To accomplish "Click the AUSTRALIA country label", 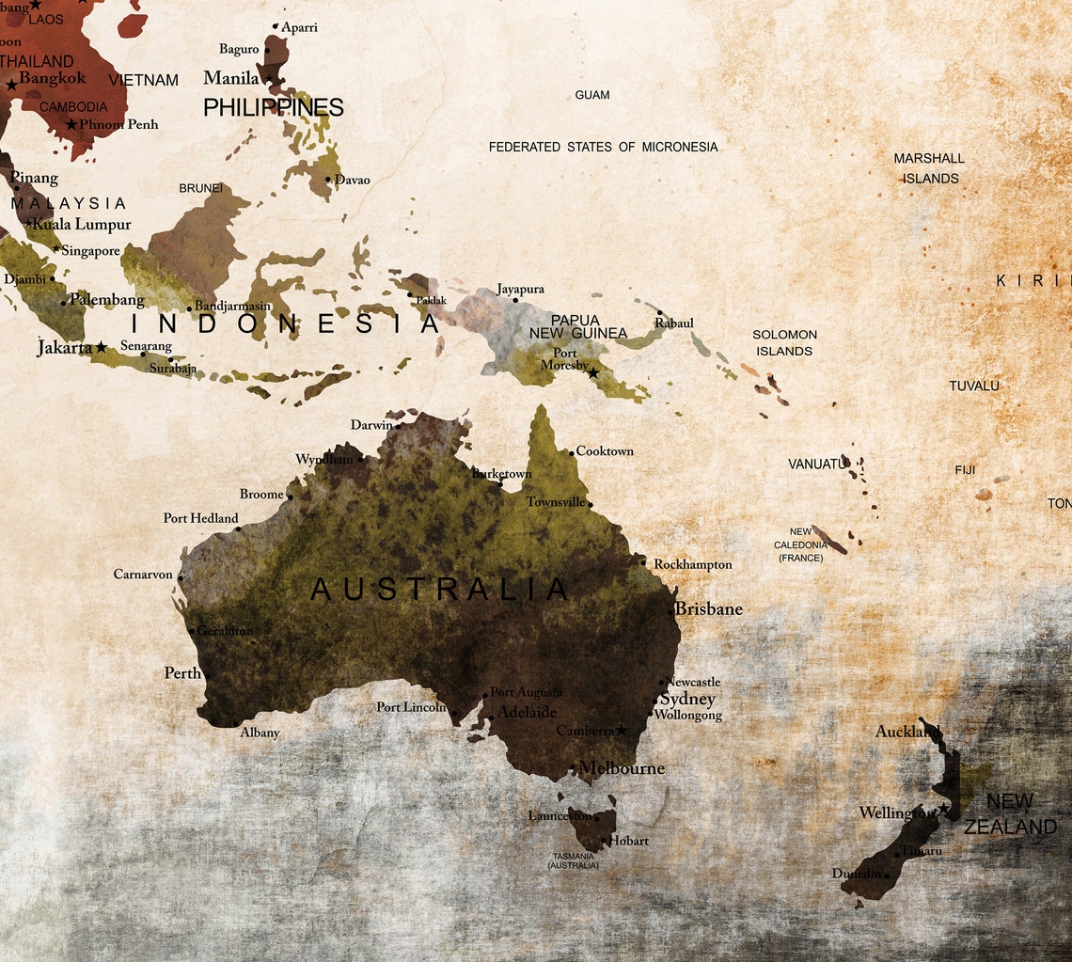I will tap(439, 590).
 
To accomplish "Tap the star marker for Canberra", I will tap(621, 731).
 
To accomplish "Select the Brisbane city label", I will tap(710, 609).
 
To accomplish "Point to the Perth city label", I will tap(182, 673).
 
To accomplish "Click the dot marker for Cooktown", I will tap(571, 453).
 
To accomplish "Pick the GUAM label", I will tap(591, 95).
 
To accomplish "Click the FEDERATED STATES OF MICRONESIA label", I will tap(603, 147).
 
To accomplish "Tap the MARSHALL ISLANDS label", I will tap(930, 168).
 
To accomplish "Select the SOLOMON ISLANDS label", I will tap(784, 342).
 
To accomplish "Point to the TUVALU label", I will tap(974, 386).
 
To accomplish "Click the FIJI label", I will tap(965, 470).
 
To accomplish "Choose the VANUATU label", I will tap(816, 465).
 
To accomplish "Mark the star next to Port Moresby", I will tap(593, 373).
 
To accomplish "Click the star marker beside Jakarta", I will tap(101, 348).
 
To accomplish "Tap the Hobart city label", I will tap(630, 841).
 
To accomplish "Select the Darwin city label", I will tap(371, 425).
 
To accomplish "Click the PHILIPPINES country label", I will tap(273, 108).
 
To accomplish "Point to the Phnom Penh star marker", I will tap(71, 124).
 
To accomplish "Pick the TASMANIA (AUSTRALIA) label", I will tap(573, 860).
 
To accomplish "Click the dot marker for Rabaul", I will tap(659, 313).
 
